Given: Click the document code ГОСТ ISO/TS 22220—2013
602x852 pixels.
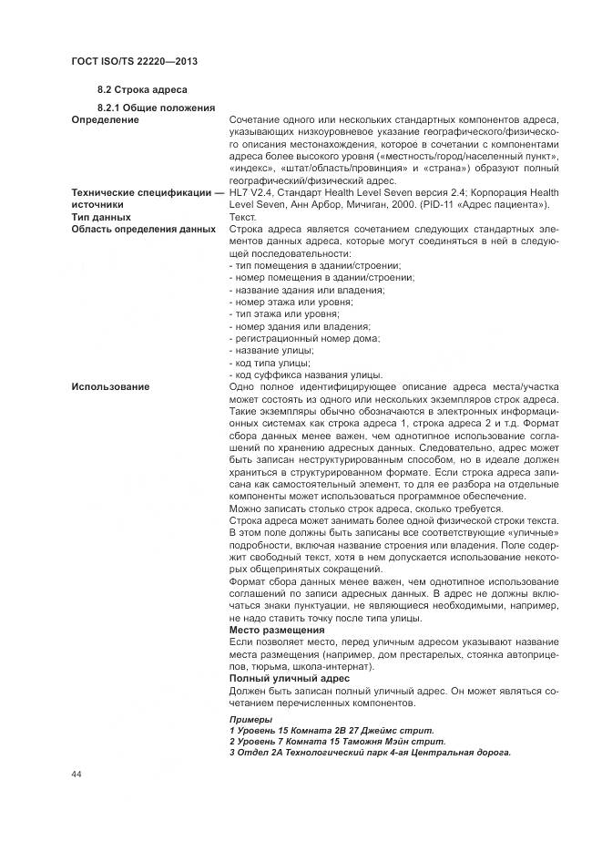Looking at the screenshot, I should click(134, 60).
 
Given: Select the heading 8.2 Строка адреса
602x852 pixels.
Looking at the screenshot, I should click(142, 90).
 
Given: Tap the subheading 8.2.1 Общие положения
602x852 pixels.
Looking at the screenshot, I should click(156, 108).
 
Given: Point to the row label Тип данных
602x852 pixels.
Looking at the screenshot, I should click(103, 218).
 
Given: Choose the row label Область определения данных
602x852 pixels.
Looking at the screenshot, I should click(143, 230).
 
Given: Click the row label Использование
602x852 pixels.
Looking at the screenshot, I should click(110, 387).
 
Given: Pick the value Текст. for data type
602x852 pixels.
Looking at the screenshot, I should click(243, 218).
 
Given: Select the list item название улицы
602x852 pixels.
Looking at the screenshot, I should click(272, 350).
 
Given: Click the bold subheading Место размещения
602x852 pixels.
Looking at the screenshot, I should click(277, 630).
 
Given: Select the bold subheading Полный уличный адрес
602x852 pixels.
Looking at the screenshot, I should click(289, 678).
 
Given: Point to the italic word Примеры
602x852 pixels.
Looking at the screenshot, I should click(250, 719).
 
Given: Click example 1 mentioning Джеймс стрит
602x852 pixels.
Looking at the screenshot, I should click(332, 731).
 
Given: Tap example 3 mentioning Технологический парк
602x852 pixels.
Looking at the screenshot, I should click(370, 753).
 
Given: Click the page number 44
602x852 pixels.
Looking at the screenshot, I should click(77, 773).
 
